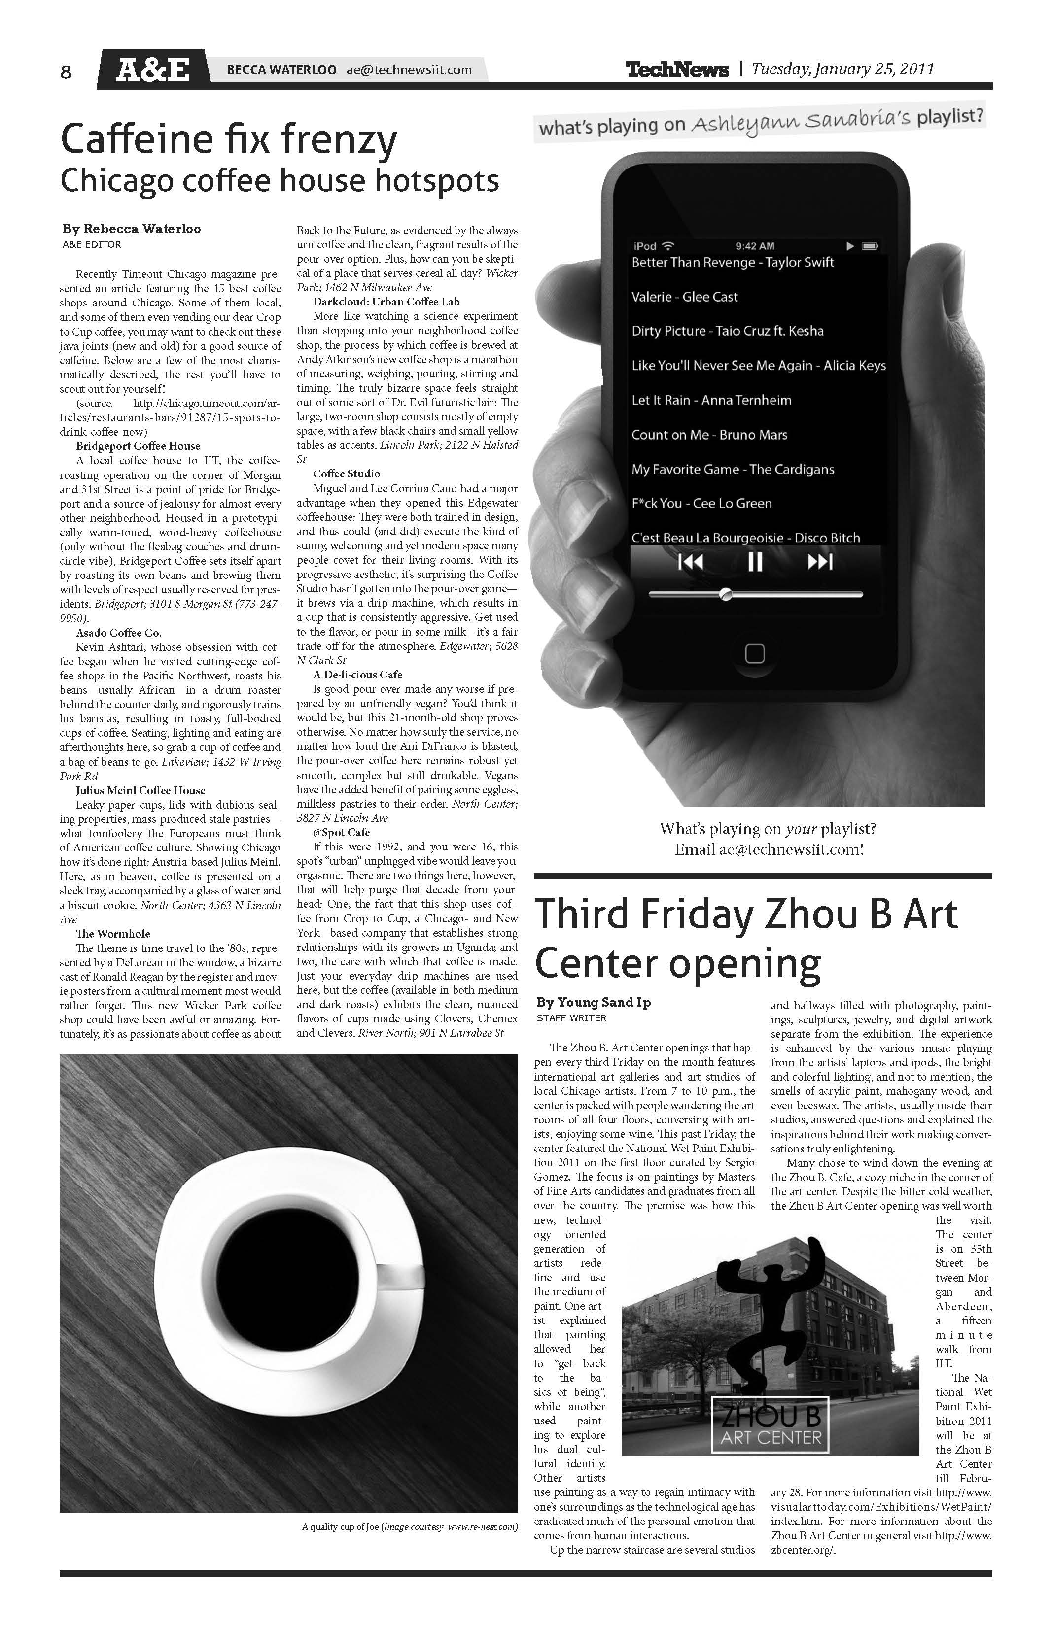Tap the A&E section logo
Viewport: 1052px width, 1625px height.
pyautogui.click(x=152, y=69)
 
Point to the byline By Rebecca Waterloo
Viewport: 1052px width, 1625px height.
pyautogui.click(x=132, y=229)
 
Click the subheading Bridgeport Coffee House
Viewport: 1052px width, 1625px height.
pyautogui.click(x=138, y=446)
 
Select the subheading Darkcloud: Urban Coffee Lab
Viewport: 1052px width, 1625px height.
pyautogui.click(x=386, y=302)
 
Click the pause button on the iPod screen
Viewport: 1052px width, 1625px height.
pyautogui.click(x=755, y=562)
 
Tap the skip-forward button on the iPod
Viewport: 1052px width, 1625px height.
pyautogui.click(x=820, y=562)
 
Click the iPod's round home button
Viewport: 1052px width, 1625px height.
pyautogui.click(x=754, y=653)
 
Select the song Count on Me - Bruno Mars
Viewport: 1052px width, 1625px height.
pyautogui.click(x=709, y=435)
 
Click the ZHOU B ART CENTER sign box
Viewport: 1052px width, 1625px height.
pyautogui.click(x=771, y=1423)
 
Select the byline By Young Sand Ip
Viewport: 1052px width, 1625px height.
pyautogui.click(x=593, y=1002)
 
